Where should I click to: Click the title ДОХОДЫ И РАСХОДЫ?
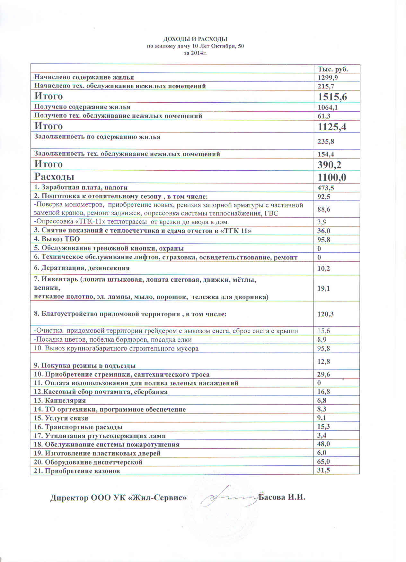195,39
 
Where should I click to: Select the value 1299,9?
328,78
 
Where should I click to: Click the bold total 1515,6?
332,97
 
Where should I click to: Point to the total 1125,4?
332,127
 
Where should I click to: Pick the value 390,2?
329,165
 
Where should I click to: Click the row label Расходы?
54,177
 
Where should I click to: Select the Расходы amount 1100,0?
332,177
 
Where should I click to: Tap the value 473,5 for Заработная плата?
326,188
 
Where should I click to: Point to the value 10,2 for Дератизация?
324,269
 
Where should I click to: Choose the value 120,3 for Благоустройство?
325,314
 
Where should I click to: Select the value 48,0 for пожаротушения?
324,444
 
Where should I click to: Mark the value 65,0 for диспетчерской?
324,462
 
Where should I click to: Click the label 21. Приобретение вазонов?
77,471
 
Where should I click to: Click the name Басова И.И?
282,498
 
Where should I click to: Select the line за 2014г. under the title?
195,53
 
